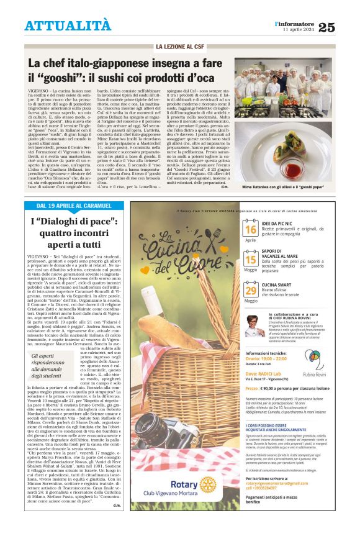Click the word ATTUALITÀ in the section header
(x=68, y=25)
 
